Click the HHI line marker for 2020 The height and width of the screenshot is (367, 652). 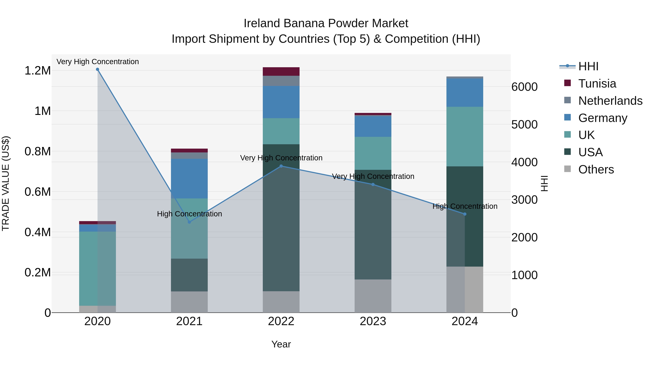click(97, 69)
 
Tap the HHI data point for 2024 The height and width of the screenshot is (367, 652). click(465, 214)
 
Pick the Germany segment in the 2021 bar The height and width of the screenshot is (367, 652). click(189, 179)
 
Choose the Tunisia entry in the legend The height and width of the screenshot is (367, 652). click(597, 84)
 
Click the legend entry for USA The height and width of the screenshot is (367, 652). click(590, 152)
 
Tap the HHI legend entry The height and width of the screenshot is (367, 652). click(588, 66)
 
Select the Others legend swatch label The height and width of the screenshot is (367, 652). click(596, 169)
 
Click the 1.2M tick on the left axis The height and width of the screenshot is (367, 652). click(37, 71)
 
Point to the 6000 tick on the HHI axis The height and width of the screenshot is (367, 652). click(524, 87)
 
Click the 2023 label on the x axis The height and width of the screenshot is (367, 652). click(373, 321)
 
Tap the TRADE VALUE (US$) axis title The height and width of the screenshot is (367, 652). click(6, 183)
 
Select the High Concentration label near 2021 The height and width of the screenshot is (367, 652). click(189, 214)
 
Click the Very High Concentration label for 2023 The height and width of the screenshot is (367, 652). click(373, 176)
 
